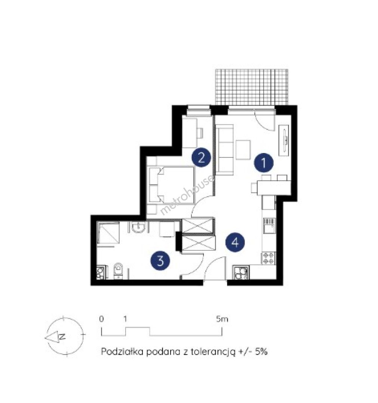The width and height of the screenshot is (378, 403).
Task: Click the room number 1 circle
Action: tap(264, 162)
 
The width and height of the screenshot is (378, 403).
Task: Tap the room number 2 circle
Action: tap(202, 157)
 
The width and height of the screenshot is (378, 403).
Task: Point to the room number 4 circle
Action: tap(235, 242)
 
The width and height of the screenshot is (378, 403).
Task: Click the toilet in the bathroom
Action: tap(118, 271)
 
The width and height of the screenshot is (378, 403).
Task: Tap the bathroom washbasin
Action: tap(139, 227)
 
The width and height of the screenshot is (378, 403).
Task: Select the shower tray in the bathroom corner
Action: tap(108, 232)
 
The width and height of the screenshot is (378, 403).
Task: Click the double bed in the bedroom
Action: tap(172, 185)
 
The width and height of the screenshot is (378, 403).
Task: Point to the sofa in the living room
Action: tap(225, 150)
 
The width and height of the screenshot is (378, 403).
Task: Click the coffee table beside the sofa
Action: tap(243, 150)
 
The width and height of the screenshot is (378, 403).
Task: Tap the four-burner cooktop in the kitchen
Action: tap(268, 258)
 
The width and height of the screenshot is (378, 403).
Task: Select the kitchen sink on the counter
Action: tap(269, 225)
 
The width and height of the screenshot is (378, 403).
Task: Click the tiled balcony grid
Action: tap(251, 87)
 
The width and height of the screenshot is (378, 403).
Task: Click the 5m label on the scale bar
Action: tap(222, 319)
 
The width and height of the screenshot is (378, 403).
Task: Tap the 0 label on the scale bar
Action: tap(102, 319)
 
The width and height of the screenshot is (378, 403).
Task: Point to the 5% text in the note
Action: tap(261, 352)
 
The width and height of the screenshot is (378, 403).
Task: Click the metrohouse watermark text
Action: tap(187, 195)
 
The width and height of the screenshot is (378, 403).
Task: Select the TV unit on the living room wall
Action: tap(285, 140)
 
